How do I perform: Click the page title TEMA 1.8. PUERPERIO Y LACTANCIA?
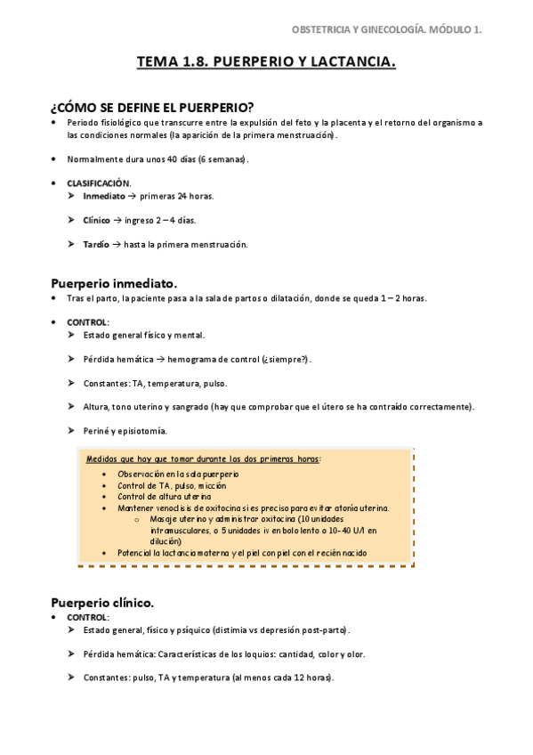click(266, 63)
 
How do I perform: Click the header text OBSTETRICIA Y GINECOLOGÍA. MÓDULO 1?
click(387, 29)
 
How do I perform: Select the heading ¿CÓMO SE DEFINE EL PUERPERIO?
click(152, 107)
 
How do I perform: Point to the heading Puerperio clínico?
click(102, 601)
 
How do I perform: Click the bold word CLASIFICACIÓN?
click(99, 183)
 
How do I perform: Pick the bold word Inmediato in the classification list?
click(104, 196)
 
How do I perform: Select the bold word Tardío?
click(96, 244)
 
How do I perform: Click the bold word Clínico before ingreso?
click(97, 220)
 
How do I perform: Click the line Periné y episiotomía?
click(125, 431)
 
